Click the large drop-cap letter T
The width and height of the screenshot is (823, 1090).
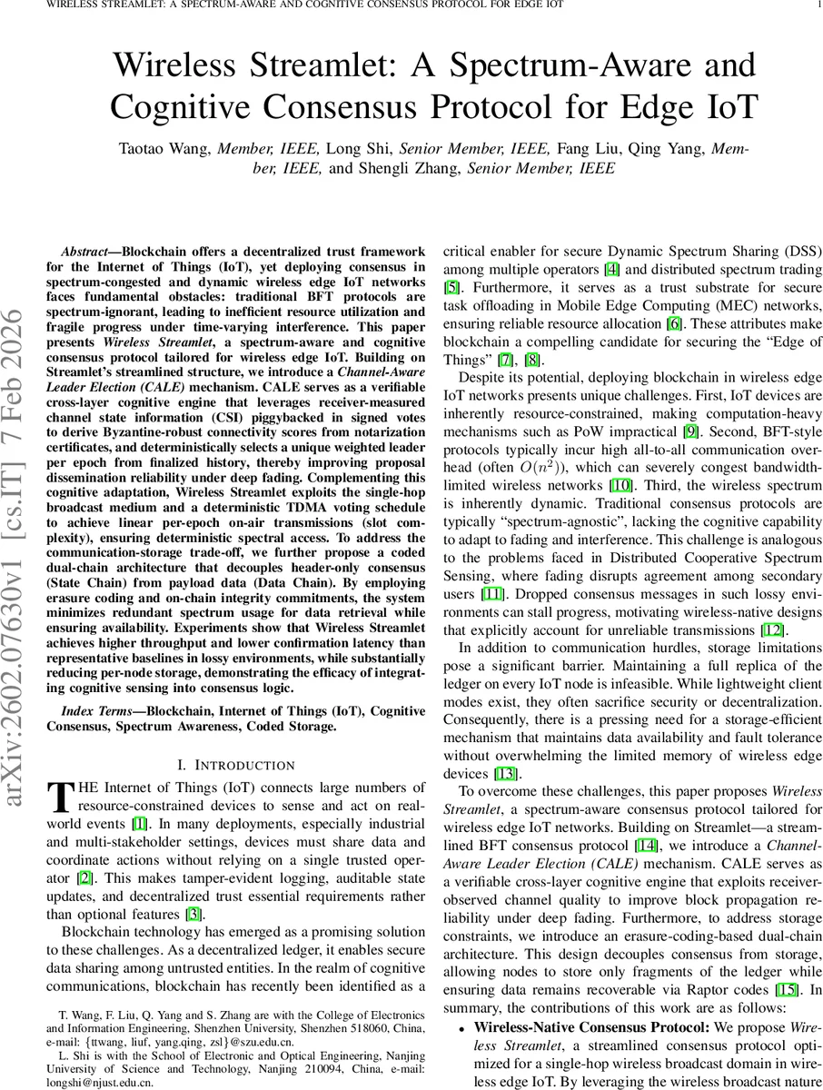tap(59, 797)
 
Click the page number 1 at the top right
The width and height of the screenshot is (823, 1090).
tap(818, 5)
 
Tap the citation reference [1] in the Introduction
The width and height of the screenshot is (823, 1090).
tap(139, 824)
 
